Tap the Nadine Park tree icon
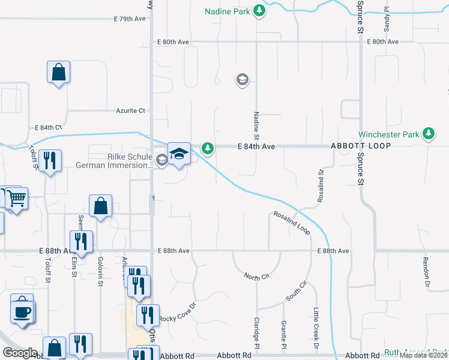pyautogui.click(x=259, y=10)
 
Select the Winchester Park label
pyautogui.click(x=388, y=134)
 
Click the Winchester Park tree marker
pyautogui.click(x=428, y=133)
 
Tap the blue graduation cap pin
pyautogui.click(x=179, y=154)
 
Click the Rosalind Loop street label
pyautogui.click(x=292, y=222)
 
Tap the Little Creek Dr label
pyautogui.click(x=316, y=329)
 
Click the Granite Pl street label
pyautogui.click(x=283, y=334)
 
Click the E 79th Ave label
pyautogui.click(x=130, y=19)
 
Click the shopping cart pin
pyautogui.click(x=17, y=198)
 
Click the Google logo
pyautogui.click(x=20, y=353)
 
